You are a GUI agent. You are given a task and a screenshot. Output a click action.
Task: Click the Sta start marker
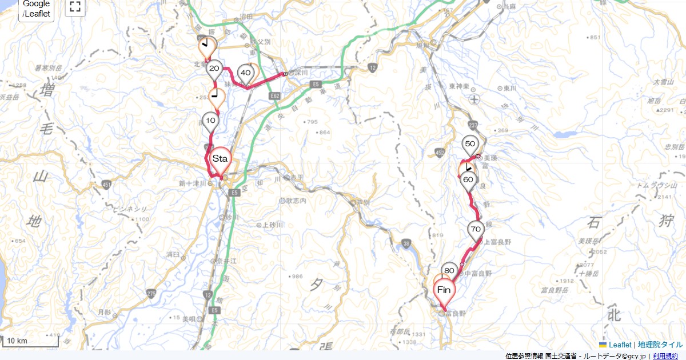(x=220, y=158)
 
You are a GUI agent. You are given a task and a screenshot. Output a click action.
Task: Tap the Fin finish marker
(x=444, y=290)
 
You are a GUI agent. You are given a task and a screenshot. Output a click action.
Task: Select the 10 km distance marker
(x=210, y=121)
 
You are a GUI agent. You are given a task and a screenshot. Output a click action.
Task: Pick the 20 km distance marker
(x=214, y=69)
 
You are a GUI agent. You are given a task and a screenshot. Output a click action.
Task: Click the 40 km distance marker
(x=246, y=73)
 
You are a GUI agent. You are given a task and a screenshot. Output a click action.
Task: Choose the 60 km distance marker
(x=468, y=179)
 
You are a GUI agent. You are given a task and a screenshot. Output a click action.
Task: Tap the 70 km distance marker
(x=476, y=229)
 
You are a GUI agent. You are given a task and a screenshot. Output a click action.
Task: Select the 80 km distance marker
(x=449, y=270)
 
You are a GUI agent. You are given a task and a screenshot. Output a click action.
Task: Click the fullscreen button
(x=75, y=7)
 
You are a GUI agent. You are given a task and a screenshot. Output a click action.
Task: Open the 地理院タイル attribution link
(x=660, y=345)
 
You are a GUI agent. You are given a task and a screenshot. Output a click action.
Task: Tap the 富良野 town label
(x=456, y=313)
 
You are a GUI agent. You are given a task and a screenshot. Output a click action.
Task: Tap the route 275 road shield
(x=151, y=293)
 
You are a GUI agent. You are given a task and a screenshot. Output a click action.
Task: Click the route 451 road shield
(x=107, y=184)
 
